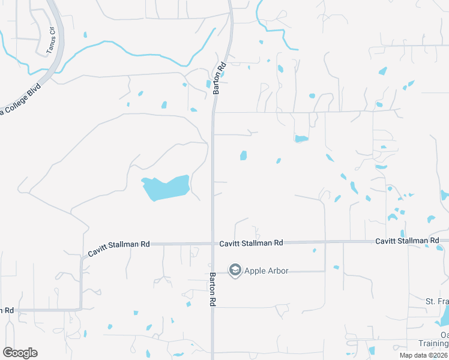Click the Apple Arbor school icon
[235, 271]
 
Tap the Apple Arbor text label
[265, 271]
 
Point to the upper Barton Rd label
[219, 78]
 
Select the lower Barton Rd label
[212, 290]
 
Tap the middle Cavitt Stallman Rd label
[251, 243]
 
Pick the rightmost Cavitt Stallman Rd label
[407, 241]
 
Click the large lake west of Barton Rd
[165, 188]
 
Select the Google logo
[20, 353]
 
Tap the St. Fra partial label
[437, 301]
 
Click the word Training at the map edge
[433, 344]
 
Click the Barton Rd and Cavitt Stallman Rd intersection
[212, 244]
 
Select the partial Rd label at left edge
[7, 310]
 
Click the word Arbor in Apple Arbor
[277, 271]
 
